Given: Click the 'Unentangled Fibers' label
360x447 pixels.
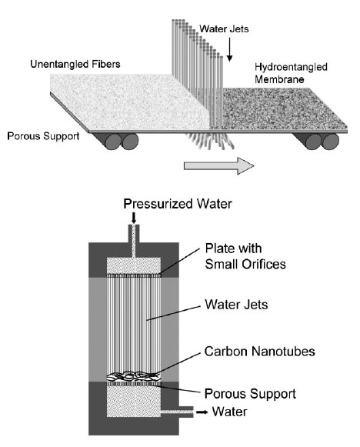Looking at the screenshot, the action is tap(75, 64).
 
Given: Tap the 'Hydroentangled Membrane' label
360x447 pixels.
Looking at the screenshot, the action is tap(291, 73).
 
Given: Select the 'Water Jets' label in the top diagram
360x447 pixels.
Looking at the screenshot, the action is tap(224, 28).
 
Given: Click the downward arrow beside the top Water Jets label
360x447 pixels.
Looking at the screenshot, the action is tap(229, 49).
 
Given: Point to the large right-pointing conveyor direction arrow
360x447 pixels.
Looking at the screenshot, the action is tap(218, 165).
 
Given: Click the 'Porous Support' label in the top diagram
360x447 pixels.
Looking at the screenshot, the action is tap(43, 136).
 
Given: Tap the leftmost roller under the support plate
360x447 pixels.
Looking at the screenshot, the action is tap(113, 142).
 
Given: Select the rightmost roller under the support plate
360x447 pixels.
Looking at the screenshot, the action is tap(331, 142).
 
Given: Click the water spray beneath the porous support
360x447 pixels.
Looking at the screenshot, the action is tap(210, 141).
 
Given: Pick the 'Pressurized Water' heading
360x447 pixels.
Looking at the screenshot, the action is tap(178, 204).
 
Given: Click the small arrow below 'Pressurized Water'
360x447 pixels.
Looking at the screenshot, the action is tap(133, 218).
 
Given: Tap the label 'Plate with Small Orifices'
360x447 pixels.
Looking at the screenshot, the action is tap(245, 256).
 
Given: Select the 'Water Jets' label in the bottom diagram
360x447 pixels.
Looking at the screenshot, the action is tap(236, 305).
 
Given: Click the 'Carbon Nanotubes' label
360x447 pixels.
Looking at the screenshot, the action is tap(260, 351).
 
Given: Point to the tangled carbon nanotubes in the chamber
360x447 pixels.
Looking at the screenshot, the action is tap(133, 376).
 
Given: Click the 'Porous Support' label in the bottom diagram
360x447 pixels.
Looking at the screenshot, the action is tap(250, 394).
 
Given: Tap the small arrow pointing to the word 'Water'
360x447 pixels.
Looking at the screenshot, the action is tap(202, 412).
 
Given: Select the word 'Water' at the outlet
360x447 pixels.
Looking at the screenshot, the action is tap(229, 412).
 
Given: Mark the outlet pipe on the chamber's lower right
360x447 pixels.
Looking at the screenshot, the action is tap(177, 412).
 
